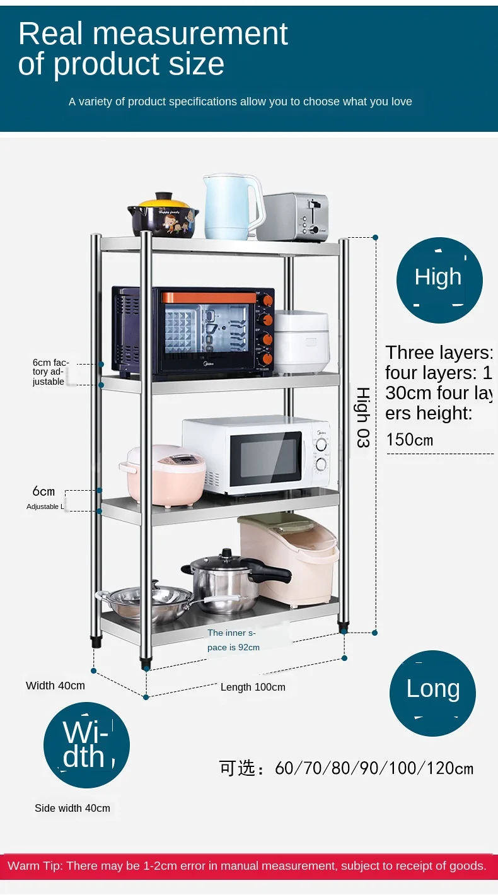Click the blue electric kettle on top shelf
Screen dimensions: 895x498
(230, 207)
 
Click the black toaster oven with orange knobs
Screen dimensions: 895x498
(193, 331)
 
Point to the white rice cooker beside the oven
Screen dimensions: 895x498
(301, 341)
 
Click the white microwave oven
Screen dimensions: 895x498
(255, 455)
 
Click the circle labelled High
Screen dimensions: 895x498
(439, 278)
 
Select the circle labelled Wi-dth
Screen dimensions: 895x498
(86, 745)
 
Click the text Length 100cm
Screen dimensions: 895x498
(253, 687)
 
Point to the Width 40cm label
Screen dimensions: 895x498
(55, 686)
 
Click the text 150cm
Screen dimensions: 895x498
(410, 440)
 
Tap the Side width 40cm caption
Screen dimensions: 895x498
(72, 808)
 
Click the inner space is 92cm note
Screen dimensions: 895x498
(234, 640)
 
